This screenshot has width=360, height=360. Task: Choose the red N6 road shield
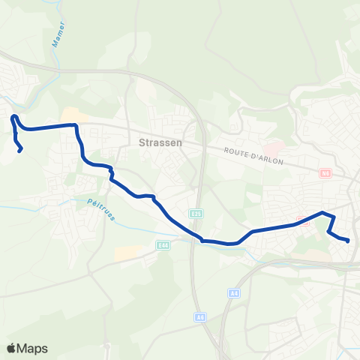(x=325, y=173)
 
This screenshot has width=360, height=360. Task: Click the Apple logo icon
(x=11, y=348)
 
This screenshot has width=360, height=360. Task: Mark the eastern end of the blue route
(x=349, y=241)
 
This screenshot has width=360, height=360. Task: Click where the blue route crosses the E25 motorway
(x=200, y=240)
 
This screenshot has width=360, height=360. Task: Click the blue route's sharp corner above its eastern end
(x=324, y=213)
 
